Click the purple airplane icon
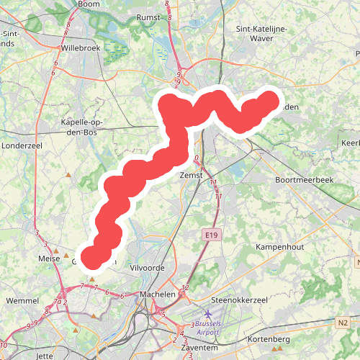click(x=209, y=315)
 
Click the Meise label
click(x=48, y=257)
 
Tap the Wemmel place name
click(x=22, y=300)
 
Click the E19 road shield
click(x=210, y=235)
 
